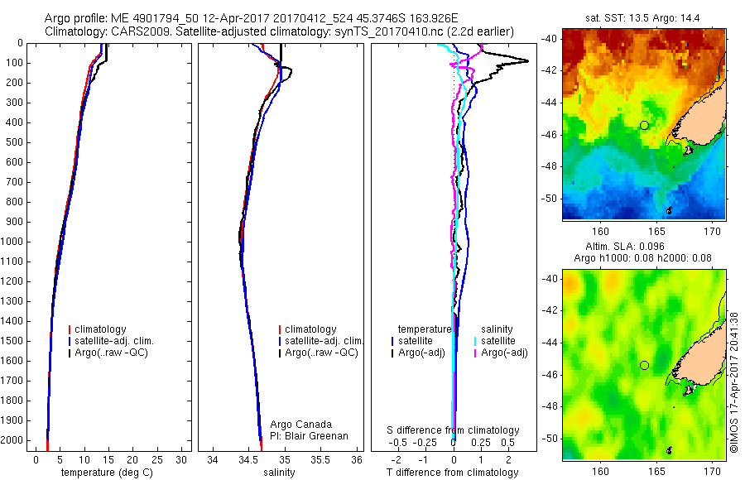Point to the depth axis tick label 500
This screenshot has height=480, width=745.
tap(14, 142)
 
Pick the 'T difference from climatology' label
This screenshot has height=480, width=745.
tap(453, 473)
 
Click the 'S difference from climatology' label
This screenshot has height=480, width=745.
tap(454, 430)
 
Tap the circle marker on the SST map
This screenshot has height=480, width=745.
tap(644, 125)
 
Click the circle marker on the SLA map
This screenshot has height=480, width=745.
tap(644, 365)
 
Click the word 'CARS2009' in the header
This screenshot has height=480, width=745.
tap(133, 31)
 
